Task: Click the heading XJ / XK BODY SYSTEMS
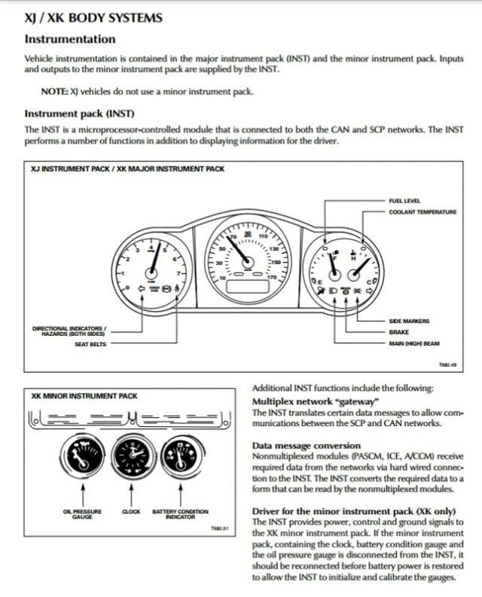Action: (x=93, y=18)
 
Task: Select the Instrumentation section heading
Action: (x=70, y=38)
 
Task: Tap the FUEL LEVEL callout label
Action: (x=404, y=201)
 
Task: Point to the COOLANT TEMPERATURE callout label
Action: (x=423, y=212)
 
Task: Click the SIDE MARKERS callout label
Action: (x=409, y=321)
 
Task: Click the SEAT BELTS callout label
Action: (x=91, y=344)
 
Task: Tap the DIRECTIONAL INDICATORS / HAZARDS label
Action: (x=69, y=330)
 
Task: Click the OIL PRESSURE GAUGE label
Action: (x=78, y=514)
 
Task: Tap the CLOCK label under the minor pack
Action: (x=131, y=512)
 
